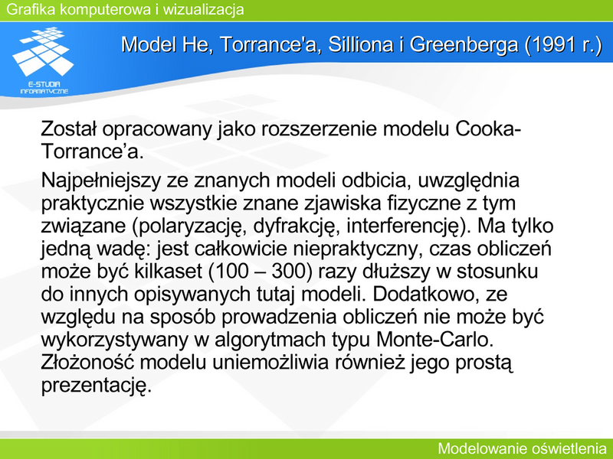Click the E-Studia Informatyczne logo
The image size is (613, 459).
43,60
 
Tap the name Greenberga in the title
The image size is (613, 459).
464,45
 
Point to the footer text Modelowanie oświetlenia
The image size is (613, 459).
522,448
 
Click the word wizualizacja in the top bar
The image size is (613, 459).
203,9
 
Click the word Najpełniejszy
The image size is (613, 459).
101,181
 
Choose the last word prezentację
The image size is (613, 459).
96,386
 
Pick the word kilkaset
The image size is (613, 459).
168,272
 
